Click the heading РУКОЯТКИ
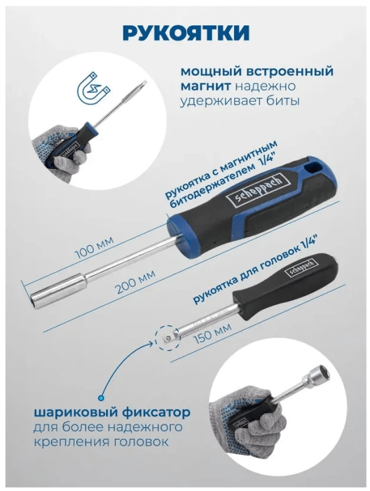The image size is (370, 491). (x=184, y=33)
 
